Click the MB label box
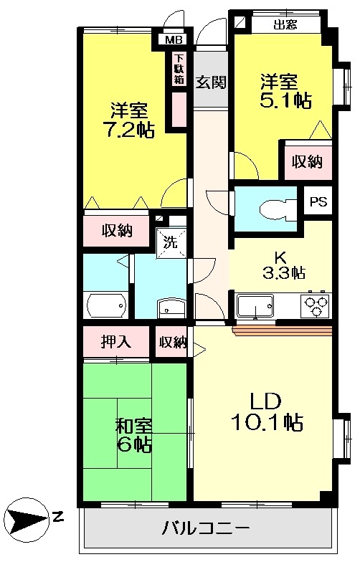coord(174,40)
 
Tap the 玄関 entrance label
coord(211,81)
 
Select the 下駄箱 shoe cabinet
coord(178,70)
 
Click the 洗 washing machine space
coord(171,242)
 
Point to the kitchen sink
coord(254,309)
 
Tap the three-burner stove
coord(316,305)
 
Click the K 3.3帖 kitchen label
coord(280,265)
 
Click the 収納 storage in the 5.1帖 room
coord(307,161)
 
